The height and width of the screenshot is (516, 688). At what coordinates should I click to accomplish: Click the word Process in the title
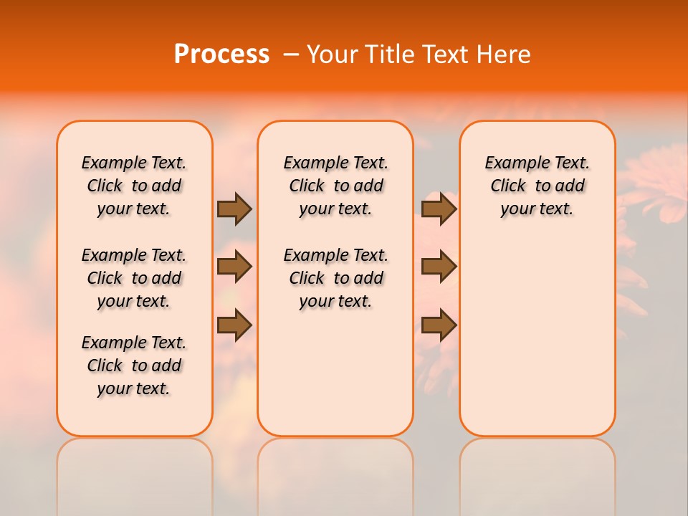(x=221, y=54)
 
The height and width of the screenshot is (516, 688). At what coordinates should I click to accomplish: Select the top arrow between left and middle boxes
(x=234, y=209)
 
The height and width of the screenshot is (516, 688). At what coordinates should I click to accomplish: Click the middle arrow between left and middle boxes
(x=234, y=267)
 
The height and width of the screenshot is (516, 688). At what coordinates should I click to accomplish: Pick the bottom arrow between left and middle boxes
(x=234, y=325)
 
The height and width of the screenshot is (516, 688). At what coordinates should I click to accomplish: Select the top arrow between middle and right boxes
(x=439, y=209)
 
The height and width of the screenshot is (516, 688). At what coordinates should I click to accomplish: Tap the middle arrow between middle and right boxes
(x=439, y=267)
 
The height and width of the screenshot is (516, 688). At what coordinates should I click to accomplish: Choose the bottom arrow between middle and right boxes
(x=439, y=325)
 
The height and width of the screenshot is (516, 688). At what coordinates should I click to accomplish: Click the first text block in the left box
(x=134, y=186)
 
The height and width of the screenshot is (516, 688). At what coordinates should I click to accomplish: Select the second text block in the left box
(x=134, y=278)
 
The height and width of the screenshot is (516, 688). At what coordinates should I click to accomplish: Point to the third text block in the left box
(x=134, y=365)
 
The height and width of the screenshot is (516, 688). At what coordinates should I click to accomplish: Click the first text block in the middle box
(x=335, y=186)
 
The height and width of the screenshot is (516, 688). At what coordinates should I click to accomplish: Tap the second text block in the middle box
(x=335, y=278)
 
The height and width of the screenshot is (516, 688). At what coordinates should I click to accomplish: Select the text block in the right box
(x=537, y=186)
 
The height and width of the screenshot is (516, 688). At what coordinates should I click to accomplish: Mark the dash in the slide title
(x=290, y=54)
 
